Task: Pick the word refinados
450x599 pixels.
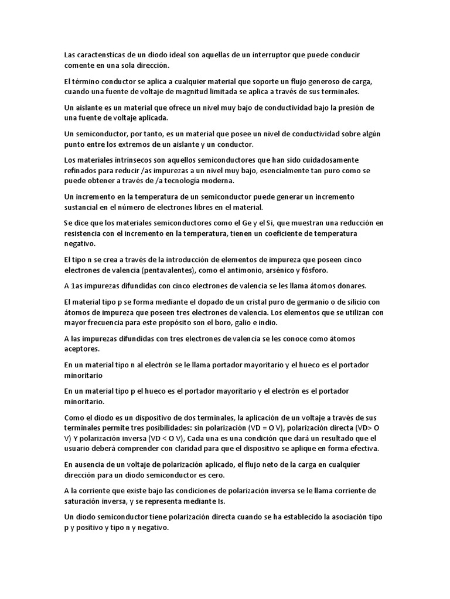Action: click(83, 171)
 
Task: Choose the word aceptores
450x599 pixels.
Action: click(83, 349)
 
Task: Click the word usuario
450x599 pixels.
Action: click(79, 449)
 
